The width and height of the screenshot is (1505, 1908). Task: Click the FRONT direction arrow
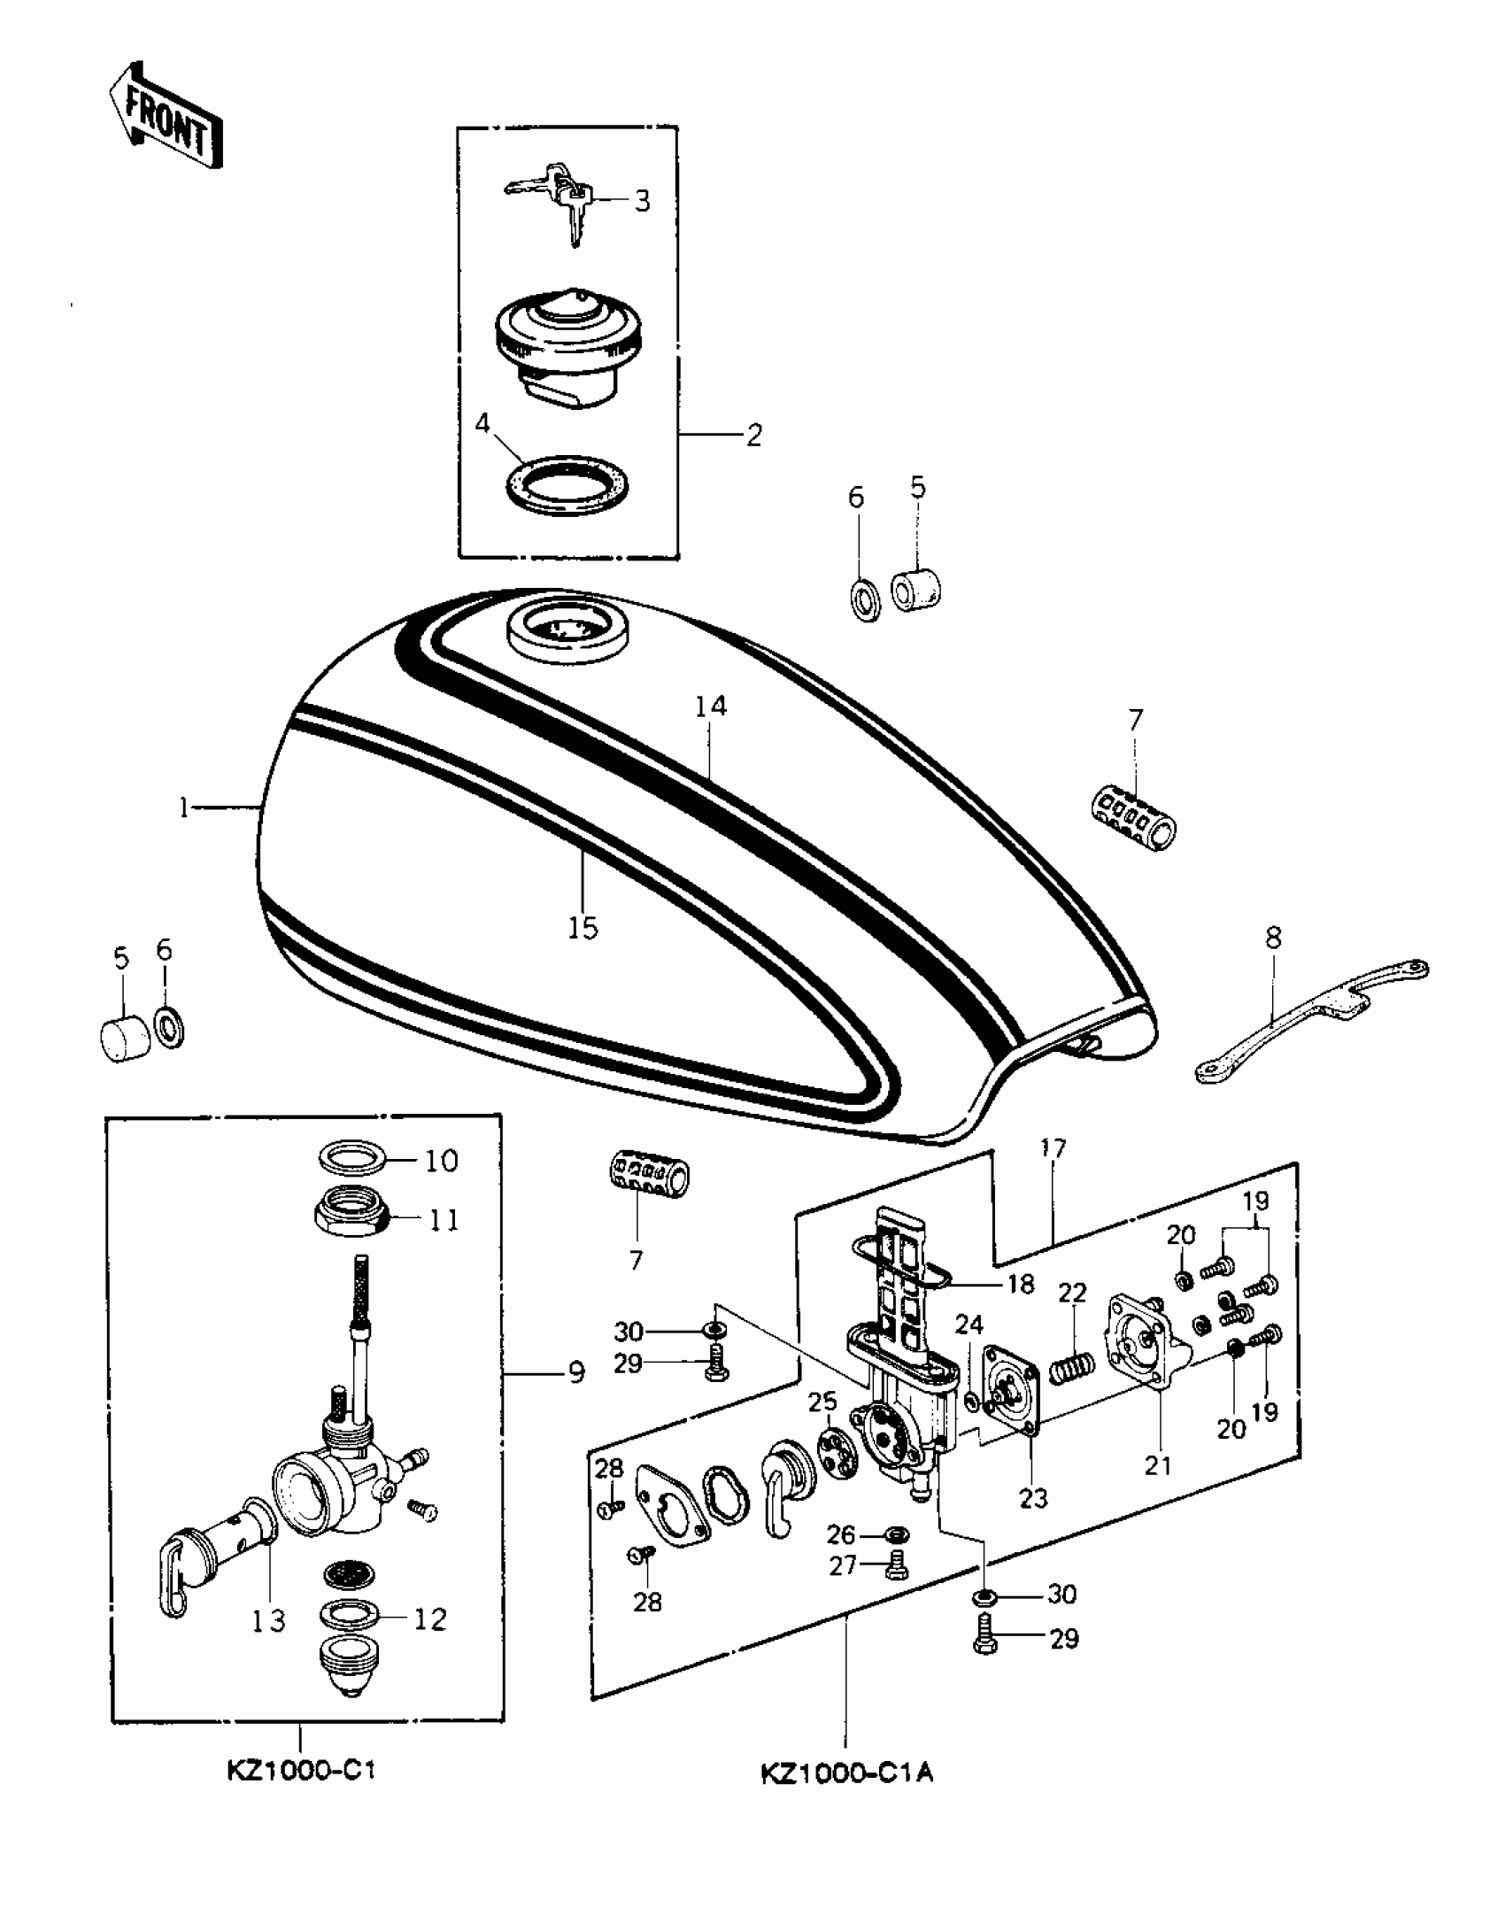pyautogui.click(x=166, y=116)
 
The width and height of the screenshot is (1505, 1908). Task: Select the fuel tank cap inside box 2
pyautogui.click(x=568, y=352)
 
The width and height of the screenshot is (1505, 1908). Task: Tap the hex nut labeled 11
pyautogui.click(x=353, y=1220)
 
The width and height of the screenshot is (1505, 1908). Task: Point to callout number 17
pyautogui.click(x=1053, y=1149)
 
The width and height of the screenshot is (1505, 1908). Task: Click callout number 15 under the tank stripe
pyautogui.click(x=583, y=928)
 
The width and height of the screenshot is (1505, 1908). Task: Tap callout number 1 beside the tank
pyautogui.click(x=183, y=807)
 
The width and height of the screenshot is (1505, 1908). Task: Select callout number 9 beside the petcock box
pyautogui.click(x=576, y=1373)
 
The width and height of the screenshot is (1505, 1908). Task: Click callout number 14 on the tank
pyautogui.click(x=710, y=706)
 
